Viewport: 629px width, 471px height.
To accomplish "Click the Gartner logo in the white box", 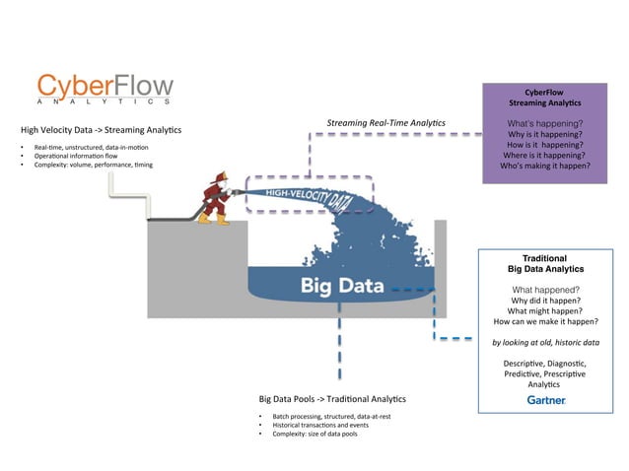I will [545, 401].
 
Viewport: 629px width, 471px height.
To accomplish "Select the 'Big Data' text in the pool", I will [339, 286].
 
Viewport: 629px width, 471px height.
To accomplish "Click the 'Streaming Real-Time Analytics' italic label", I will [385, 123].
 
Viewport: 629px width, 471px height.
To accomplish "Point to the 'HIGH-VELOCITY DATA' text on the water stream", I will [310, 197].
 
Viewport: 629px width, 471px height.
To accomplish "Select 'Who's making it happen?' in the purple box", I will [544, 166].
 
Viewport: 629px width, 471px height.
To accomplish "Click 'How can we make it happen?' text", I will [545, 321].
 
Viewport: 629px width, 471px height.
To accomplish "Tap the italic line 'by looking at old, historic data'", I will [545, 342].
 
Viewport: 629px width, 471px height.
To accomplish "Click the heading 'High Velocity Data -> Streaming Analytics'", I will [101, 130].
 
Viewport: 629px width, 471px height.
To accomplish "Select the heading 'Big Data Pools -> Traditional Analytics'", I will [331, 399].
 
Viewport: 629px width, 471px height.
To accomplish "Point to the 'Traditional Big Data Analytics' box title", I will [545, 263].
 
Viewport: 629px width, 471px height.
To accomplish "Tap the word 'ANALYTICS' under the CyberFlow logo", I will [105, 101].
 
